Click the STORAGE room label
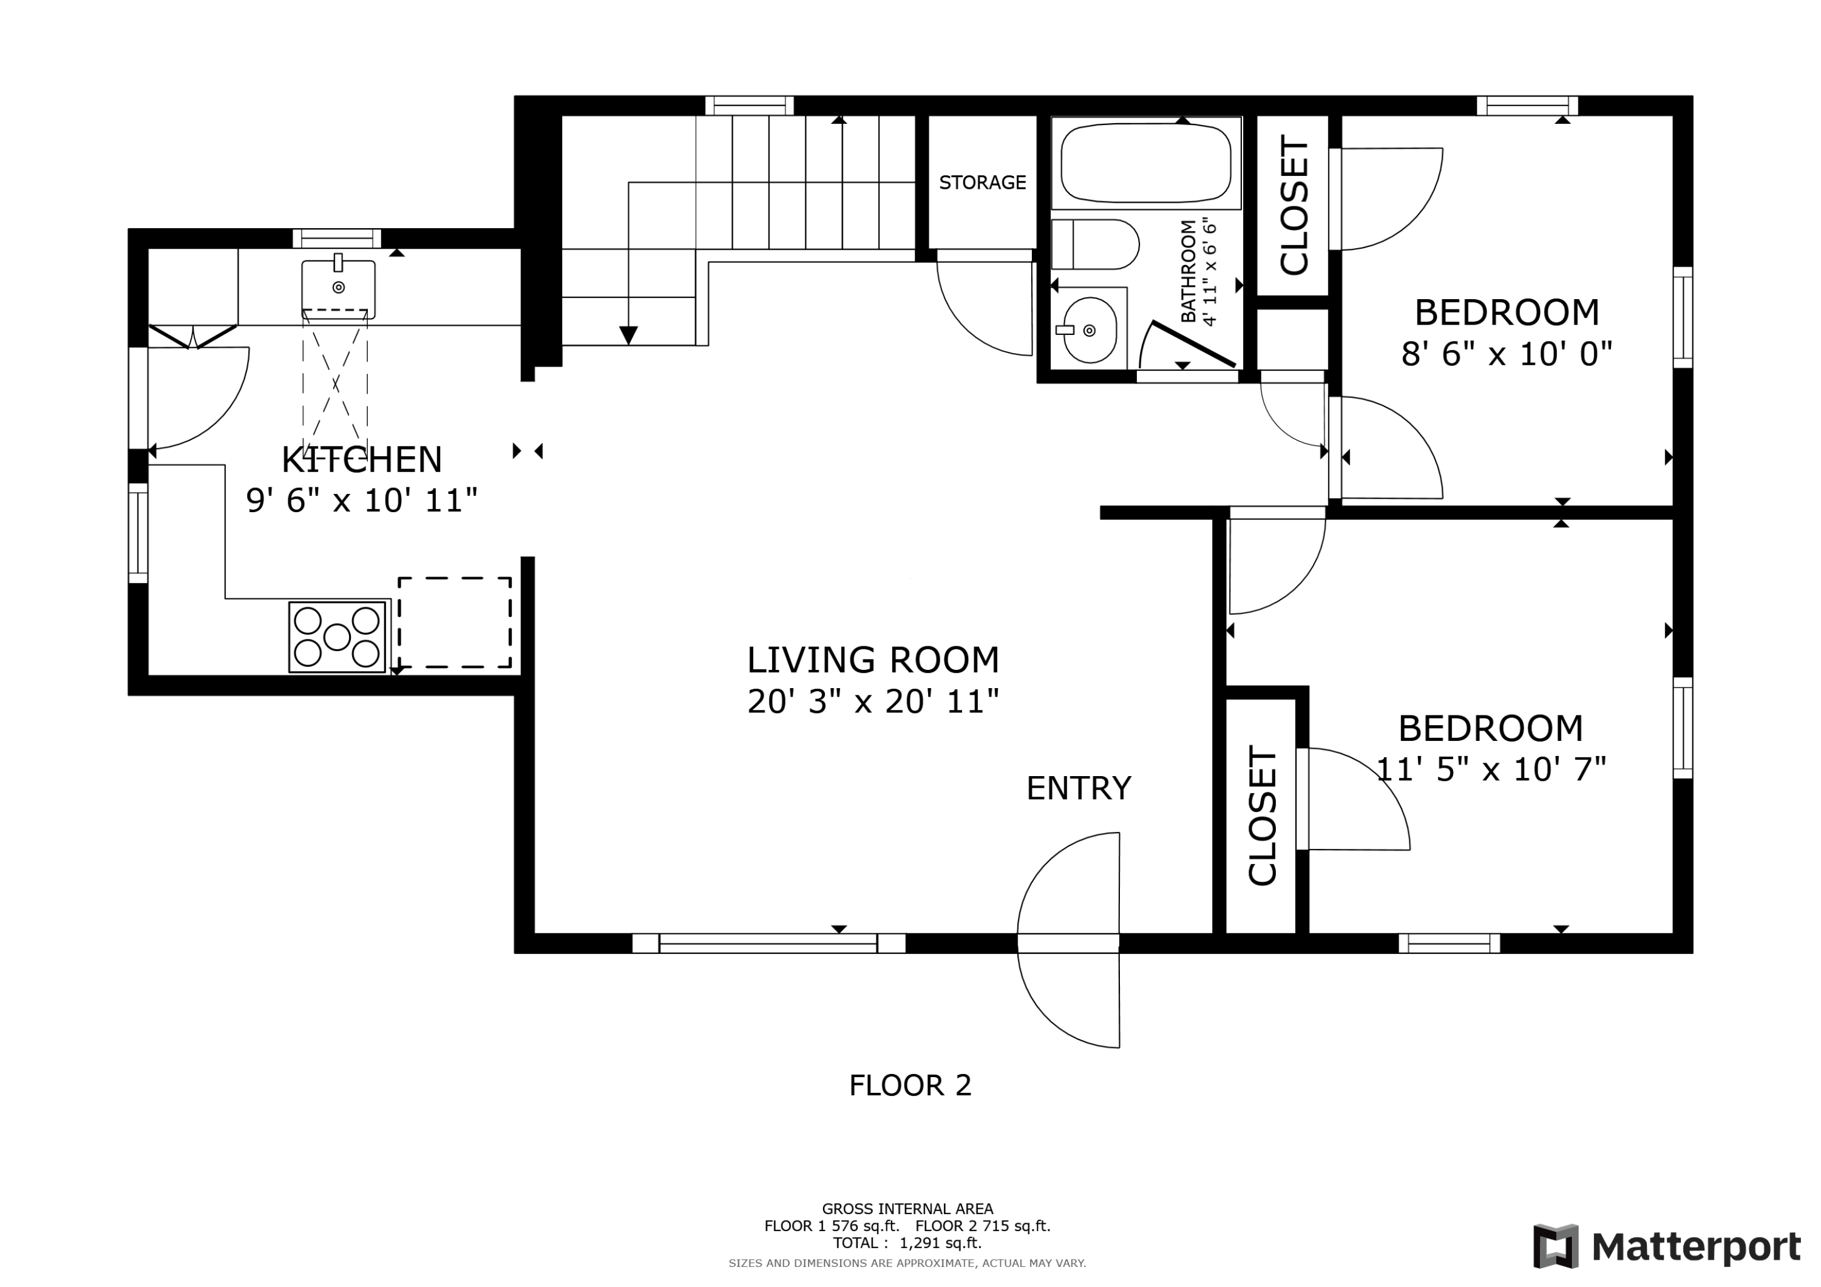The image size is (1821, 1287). coord(982,183)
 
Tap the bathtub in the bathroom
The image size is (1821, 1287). coord(1146,163)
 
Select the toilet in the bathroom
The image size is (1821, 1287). coord(1095,245)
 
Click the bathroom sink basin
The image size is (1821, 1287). coord(1090,330)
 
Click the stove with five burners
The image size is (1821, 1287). coord(337,637)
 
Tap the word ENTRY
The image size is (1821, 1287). coord(1079,788)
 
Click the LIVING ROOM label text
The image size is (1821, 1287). coord(873,660)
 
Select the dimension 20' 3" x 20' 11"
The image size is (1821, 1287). coord(873,701)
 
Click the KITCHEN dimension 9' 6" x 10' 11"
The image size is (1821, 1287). coord(362,501)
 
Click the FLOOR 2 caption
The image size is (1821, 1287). coord(910,1086)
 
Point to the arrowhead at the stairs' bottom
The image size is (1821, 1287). coord(628,336)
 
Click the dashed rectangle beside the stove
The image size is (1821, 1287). coord(455,623)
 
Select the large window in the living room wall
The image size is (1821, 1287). coord(768,943)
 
